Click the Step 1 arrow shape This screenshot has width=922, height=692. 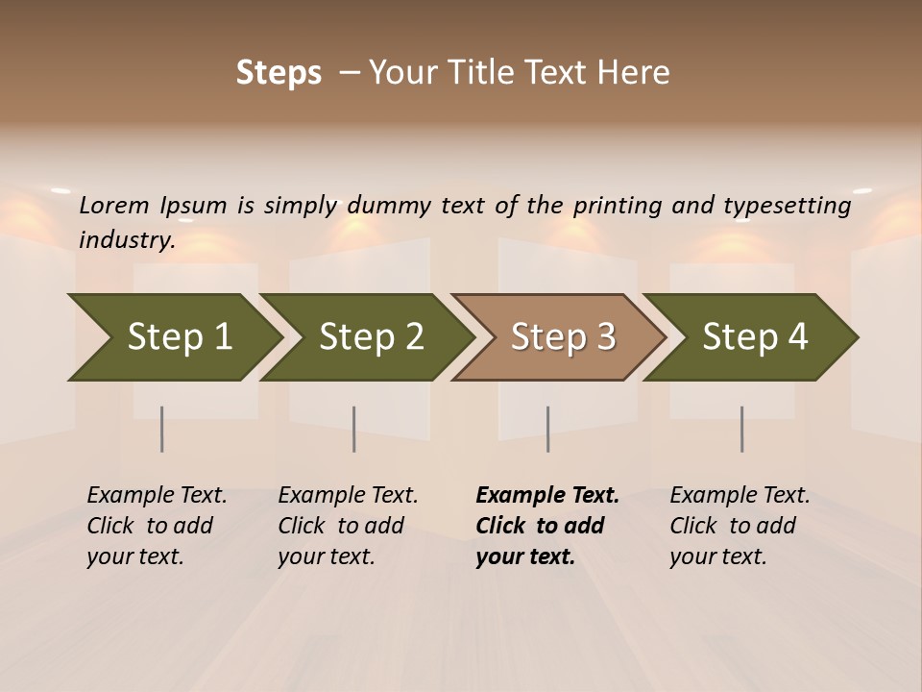click(x=178, y=337)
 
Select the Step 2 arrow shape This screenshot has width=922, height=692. click(x=370, y=337)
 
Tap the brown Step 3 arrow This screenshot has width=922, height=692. click(x=562, y=337)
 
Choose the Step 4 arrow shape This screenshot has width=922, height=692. click(x=754, y=337)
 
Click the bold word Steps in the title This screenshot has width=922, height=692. click(x=279, y=73)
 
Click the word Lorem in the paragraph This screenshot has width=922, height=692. click(x=114, y=205)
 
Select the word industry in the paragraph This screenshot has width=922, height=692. click(x=126, y=239)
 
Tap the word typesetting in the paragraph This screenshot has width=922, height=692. click(x=787, y=206)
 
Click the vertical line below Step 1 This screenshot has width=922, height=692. click(x=162, y=429)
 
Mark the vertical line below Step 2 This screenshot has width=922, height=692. click(x=354, y=429)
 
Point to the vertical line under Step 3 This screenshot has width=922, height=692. click(x=548, y=429)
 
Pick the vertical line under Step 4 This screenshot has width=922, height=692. click(x=742, y=429)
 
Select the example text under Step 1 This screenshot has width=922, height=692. click(x=157, y=526)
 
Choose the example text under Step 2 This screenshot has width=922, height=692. click(x=348, y=526)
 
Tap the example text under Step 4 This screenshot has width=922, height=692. click(x=740, y=526)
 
